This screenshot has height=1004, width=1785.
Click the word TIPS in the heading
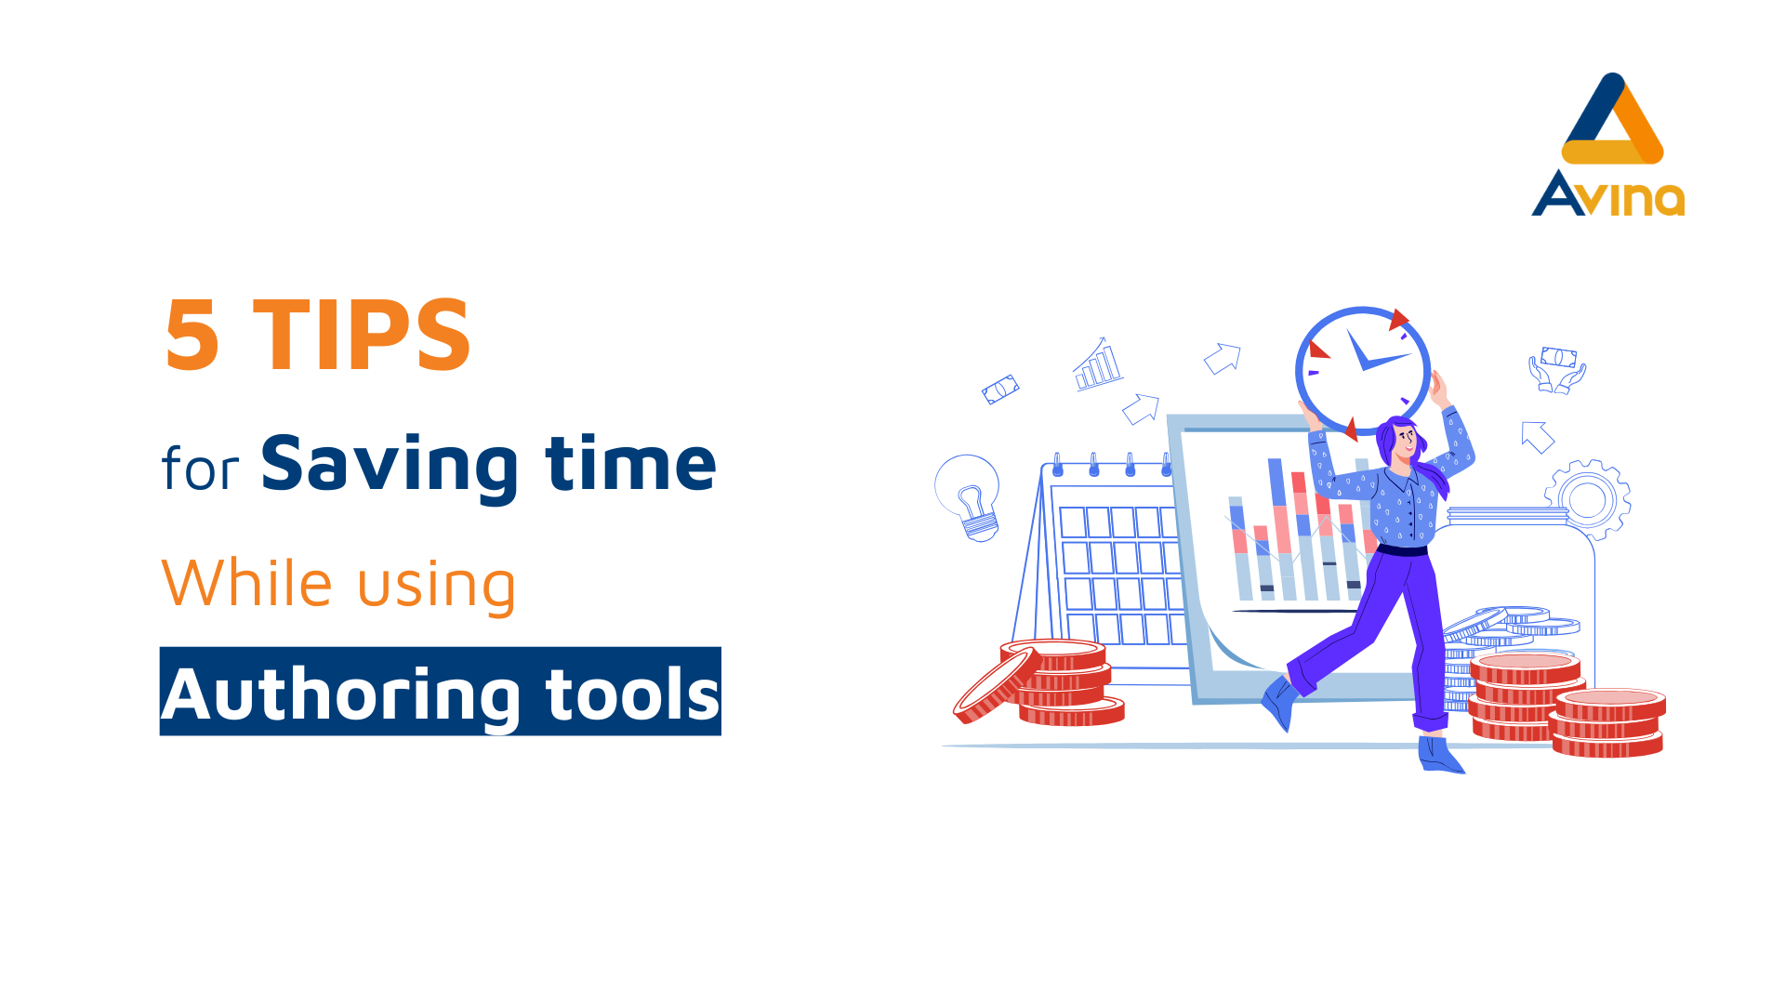(x=362, y=335)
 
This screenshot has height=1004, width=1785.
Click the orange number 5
(x=192, y=335)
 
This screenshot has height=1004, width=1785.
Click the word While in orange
(x=246, y=583)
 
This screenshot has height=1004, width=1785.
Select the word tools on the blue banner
(x=633, y=694)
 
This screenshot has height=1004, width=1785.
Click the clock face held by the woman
(x=1363, y=370)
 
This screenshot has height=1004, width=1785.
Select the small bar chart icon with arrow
(x=1098, y=363)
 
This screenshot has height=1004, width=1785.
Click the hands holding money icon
(x=1557, y=370)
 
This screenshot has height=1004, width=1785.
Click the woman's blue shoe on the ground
(x=1439, y=755)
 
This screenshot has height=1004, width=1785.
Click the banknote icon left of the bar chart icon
(x=1000, y=390)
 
